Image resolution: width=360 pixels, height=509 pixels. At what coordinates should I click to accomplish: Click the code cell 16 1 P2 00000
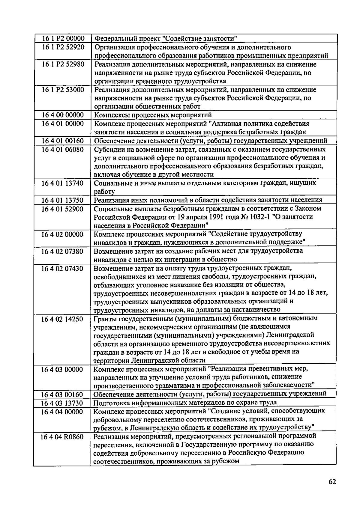pyautogui.click(x=63, y=39)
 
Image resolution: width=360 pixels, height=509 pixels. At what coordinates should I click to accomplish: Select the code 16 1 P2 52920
pyautogui.click(x=63, y=47)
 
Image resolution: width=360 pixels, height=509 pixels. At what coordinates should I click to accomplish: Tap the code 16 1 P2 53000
pyautogui.click(x=63, y=90)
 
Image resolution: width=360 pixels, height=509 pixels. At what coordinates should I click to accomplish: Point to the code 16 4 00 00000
pyautogui.click(x=62, y=115)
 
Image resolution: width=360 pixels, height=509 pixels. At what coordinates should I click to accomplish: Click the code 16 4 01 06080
pyautogui.click(x=62, y=149)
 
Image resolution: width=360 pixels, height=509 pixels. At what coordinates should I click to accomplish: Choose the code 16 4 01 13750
pyautogui.click(x=62, y=200)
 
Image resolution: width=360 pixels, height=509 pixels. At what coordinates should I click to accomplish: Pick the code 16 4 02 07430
pyautogui.click(x=62, y=268)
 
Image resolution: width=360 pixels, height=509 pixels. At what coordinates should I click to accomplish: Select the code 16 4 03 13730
pyautogui.click(x=62, y=403)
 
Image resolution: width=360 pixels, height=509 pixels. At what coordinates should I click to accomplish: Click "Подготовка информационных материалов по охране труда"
pyautogui.click(x=185, y=403)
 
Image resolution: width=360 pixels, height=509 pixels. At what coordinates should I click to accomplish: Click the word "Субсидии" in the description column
pyautogui.click(x=107, y=149)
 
